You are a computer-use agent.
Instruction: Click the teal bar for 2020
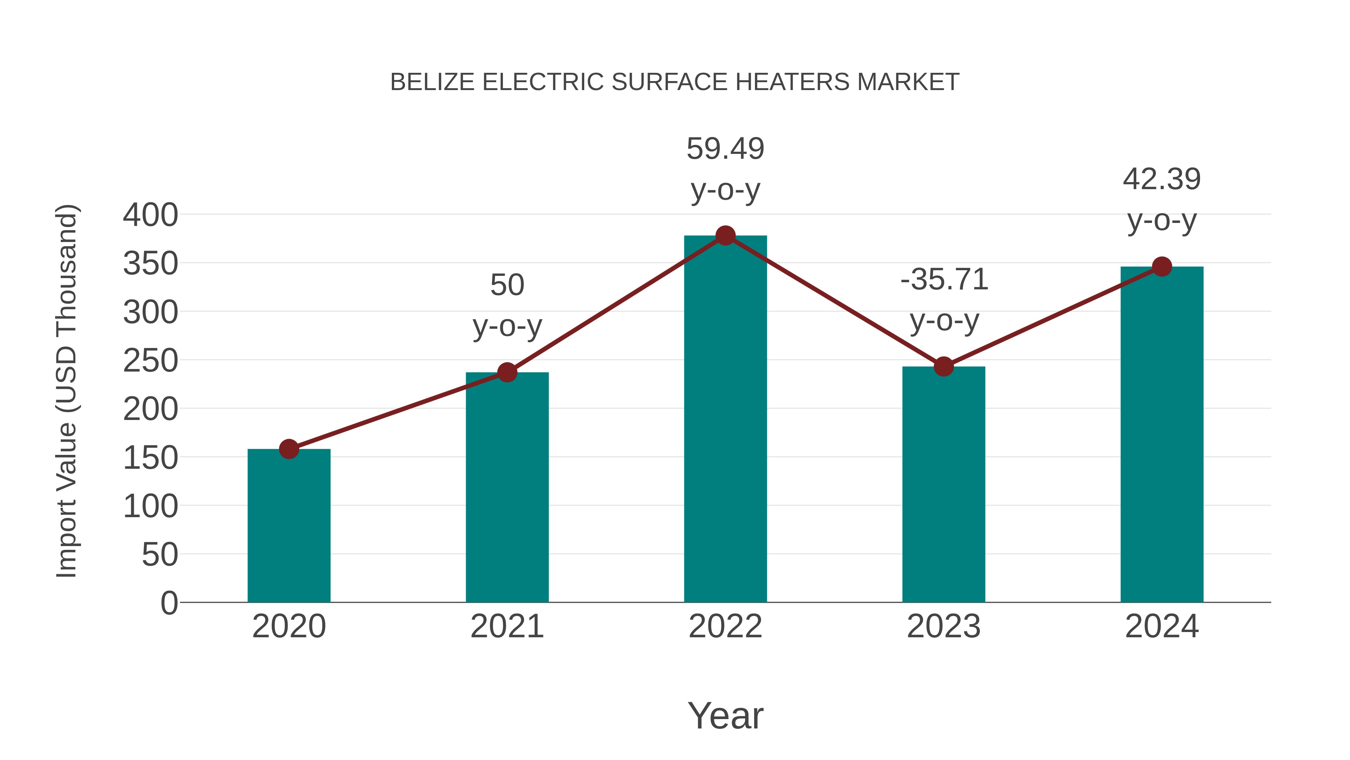coord(289,526)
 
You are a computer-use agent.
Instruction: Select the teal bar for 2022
coord(725,420)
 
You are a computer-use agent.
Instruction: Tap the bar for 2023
coord(943,485)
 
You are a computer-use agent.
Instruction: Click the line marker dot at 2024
coord(1162,266)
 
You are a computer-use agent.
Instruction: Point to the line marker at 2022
coord(725,235)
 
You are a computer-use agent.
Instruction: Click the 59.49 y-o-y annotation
coord(725,169)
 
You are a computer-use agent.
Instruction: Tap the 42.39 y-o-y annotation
coord(1162,199)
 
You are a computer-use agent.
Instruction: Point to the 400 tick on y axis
coord(150,215)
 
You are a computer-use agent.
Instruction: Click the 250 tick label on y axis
coord(150,361)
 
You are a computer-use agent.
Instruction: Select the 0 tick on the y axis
coord(169,603)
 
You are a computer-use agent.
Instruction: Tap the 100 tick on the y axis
coord(150,507)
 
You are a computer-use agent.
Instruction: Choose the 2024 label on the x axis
coord(1162,626)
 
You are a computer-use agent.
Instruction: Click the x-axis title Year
coord(725,715)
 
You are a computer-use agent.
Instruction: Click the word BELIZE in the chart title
coord(432,82)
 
